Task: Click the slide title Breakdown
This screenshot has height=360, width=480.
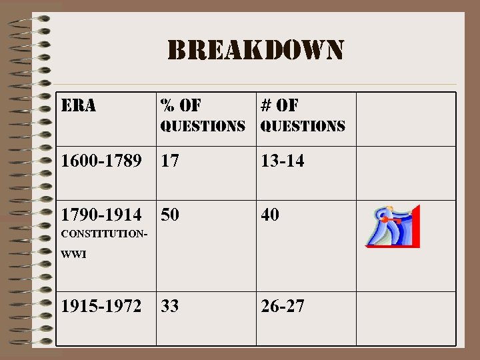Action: (256, 51)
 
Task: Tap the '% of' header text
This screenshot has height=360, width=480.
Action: (181, 105)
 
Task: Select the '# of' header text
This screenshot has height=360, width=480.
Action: (280, 105)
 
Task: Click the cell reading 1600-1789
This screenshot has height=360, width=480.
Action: (100, 161)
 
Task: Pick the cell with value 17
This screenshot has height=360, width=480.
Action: (169, 161)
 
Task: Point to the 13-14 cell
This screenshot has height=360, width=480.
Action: (283, 161)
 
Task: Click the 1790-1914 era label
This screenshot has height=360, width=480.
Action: (100, 215)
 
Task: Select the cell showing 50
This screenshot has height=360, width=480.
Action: (170, 215)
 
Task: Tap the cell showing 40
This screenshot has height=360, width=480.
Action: (271, 215)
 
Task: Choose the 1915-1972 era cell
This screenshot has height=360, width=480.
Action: (100, 306)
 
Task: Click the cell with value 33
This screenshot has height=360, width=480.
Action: (170, 306)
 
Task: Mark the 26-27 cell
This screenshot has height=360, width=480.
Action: (283, 306)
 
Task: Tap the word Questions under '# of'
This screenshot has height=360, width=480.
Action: (303, 126)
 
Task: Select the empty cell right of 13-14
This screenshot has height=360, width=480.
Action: (406, 161)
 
